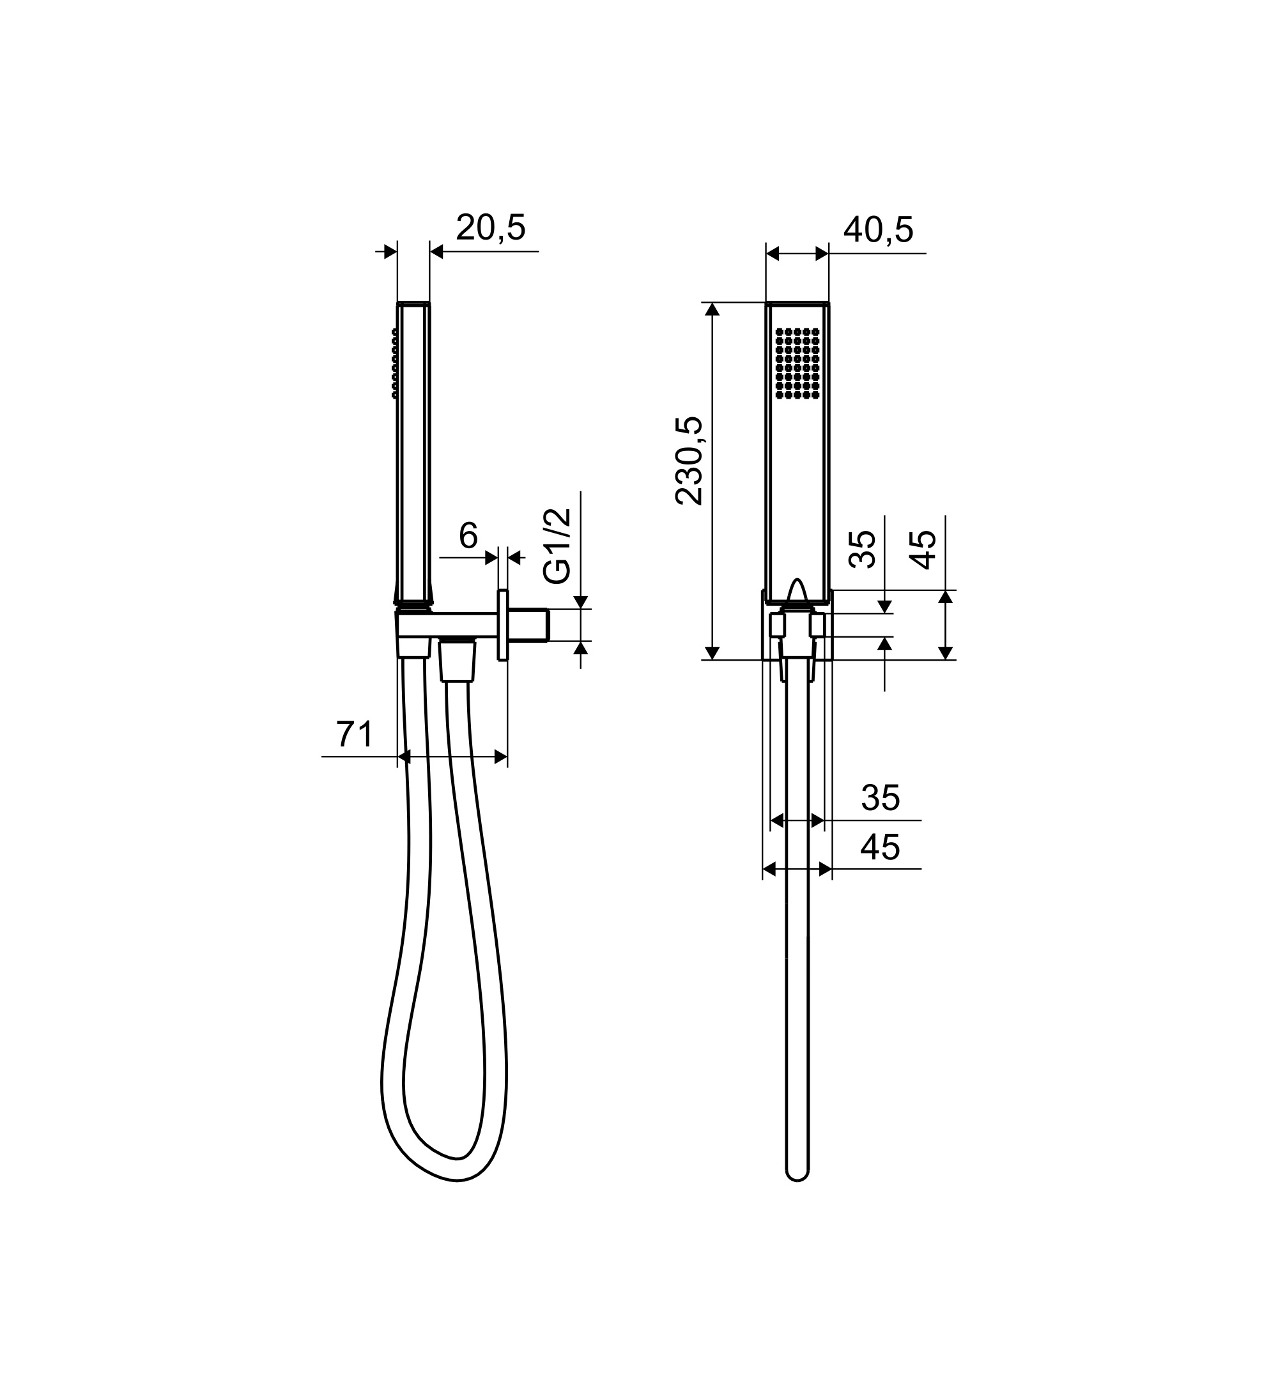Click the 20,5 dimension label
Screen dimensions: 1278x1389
pyautogui.click(x=491, y=227)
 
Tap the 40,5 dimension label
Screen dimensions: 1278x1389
pyautogui.click(x=878, y=229)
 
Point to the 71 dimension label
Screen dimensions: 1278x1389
pyautogui.click(x=355, y=734)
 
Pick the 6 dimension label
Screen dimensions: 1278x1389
pyautogui.click(x=468, y=535)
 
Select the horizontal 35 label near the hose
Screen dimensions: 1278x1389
pyautogui.click(x=881, y=798)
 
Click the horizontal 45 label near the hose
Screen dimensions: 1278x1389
pyautogui.click(x=881, y=847)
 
